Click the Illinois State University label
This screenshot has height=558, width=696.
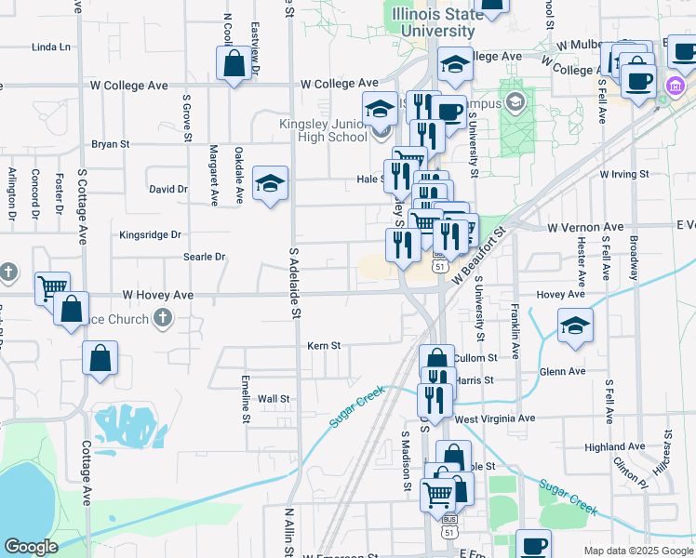437,23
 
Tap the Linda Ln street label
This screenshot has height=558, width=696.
51,46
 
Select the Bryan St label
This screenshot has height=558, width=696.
110,145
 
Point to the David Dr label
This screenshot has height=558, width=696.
168,189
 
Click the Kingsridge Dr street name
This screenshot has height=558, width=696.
150,235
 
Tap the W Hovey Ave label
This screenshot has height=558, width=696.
156,296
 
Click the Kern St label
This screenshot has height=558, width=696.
324,346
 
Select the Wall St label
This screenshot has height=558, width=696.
274,399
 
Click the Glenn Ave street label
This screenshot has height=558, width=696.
562,371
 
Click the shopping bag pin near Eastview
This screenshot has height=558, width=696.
234,64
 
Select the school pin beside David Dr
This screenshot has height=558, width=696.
270,182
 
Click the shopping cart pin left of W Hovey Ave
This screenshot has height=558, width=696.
52,287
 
